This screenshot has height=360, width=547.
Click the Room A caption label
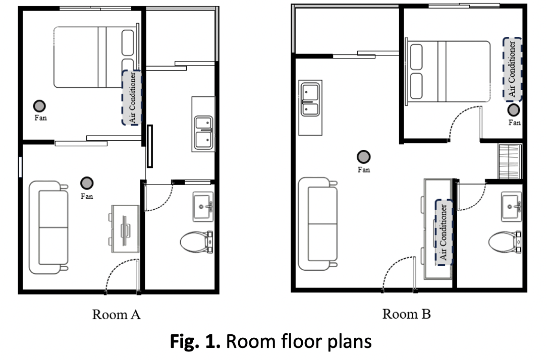(x=116, y=314)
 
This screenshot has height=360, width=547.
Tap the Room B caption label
(x=406, y=314)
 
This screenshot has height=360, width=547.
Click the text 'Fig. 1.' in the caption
(x=195, y=341)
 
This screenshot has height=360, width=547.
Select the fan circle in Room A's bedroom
(x=39, y=106)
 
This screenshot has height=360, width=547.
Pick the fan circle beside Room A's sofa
(x=87, y=183)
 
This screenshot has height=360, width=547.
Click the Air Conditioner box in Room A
(x=132, y=98)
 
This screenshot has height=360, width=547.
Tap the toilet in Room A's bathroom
(x=196, y=242)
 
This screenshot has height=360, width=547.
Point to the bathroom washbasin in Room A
(x=203, y=207)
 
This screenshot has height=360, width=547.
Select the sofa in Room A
(x=48, y=227)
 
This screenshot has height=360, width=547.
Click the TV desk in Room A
(x=124, y=228)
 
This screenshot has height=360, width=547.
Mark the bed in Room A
(x=96, y=57)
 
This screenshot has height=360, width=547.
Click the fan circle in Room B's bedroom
(x=513, y=110)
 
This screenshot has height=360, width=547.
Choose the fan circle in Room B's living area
(x=363, y=157)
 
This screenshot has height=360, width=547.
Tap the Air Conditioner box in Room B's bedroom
(x=512, y=70)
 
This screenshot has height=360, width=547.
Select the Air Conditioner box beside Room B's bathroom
(x=444, y=232)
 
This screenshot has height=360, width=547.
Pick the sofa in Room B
(x=318, y=224)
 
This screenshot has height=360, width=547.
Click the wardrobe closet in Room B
(x=510, y=161)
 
